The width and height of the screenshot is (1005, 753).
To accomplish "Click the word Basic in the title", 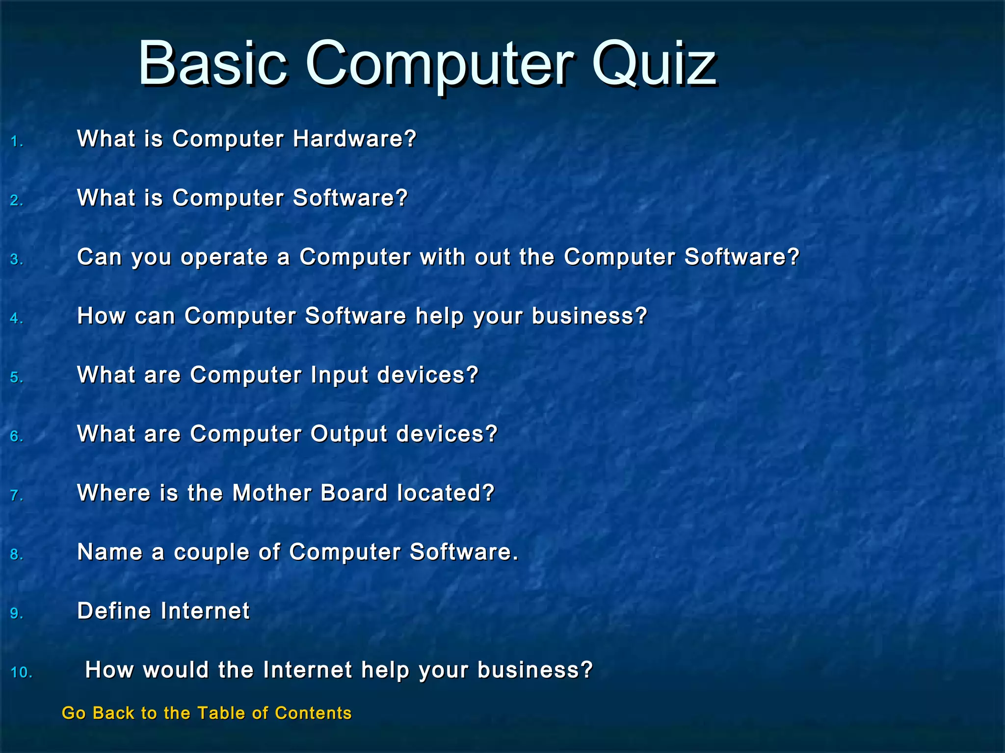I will coord(212,64).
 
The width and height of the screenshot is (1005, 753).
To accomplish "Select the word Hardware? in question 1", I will coord(354,139).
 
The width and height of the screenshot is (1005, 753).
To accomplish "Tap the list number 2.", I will coord(17,201).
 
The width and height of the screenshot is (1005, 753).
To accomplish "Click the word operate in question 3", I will coord(224,257).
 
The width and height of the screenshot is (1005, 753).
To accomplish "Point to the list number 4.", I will coord(17,319).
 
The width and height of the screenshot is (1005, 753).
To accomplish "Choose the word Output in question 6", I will coord(349,434).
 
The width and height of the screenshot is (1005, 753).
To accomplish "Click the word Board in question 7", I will coord(354,493).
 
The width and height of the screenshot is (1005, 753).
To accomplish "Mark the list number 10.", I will coord(21,673).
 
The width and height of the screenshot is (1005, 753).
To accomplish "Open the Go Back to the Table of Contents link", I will coord(207,713).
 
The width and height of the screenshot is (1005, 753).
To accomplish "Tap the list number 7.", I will coord(17,496).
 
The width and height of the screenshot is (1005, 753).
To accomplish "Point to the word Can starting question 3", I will coord(99,257).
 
